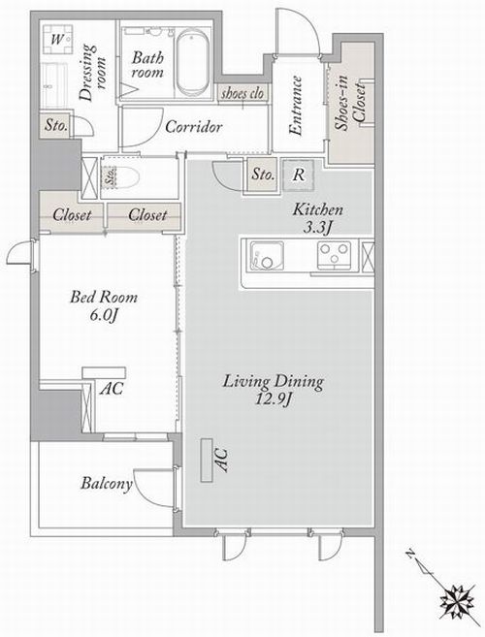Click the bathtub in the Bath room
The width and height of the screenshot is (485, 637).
coord(193,63)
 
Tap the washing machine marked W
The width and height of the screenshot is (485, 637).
coord(58,39)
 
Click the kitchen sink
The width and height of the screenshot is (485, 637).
coord(267,256)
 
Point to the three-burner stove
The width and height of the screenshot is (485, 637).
coord(335,255)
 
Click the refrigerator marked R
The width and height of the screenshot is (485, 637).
coord(299,175)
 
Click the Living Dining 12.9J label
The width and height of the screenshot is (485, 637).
coord(274,390)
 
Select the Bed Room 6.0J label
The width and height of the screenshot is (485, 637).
coord(104,305)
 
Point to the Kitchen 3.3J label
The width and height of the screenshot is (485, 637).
coord(317,218)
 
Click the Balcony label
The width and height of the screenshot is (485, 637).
coord(107,484)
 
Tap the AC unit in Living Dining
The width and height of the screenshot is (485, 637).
coord(207,461)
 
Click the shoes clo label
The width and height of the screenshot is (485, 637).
coord(242,94)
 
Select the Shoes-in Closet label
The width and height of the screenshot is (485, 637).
coord(349,103)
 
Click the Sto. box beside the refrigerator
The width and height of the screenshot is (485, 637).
coord(263,175)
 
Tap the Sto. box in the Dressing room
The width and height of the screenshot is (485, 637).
coord(55,125)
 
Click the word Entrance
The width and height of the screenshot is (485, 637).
coord(297,106)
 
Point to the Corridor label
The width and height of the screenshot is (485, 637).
coord(194,127)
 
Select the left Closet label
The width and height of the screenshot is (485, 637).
coord(73,214)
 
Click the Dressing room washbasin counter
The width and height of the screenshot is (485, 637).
coord(54,85)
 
